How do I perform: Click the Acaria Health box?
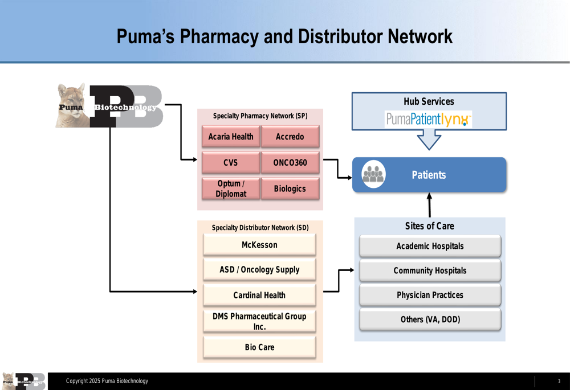231,136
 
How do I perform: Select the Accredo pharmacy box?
290,136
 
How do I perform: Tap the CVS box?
231,162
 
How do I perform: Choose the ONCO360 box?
290,162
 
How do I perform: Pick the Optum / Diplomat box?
231,188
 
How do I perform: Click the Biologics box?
290,188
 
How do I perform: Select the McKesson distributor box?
259,244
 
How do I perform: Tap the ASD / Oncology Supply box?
259,269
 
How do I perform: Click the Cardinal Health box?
259,295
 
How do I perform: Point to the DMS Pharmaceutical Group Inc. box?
259,321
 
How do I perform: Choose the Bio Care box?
259,347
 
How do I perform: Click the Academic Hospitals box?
430,246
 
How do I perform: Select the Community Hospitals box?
430,270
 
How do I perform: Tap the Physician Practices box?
430,295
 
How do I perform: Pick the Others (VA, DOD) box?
430,319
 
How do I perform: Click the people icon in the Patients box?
373,174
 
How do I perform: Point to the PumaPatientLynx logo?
429,119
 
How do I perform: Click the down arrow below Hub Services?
429,140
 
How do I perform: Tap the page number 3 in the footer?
559,381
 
